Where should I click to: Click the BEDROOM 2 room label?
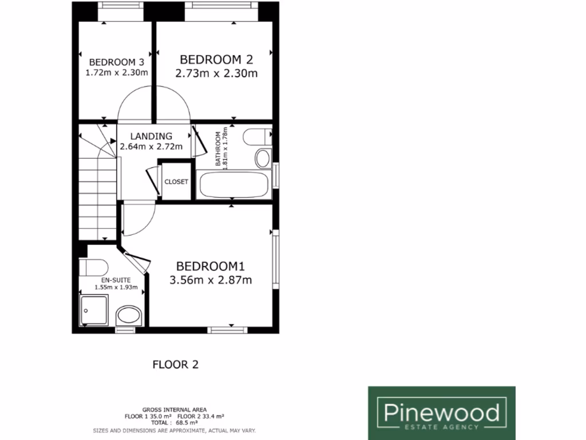pos(216,60)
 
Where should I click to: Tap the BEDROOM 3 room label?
pos(116,62)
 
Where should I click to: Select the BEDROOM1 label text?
pos(210,266)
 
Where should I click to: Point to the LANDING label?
pos(151,136)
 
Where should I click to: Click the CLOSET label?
pos(176,182)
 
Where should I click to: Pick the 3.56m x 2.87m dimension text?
pos(211,280)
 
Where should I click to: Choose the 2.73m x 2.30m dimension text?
pos(216,73)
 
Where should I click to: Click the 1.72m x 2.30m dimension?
pos(116,73)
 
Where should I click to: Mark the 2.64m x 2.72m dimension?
pos(151,147)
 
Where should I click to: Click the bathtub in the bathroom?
pos(233,185)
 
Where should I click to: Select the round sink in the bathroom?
pos(263,158)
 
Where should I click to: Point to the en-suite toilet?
pos(94,267)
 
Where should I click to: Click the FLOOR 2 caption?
pos(175,364)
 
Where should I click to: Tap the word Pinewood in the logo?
pos(441,412)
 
